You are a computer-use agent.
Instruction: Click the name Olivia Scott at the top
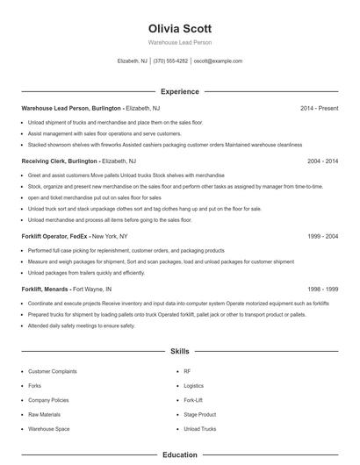180,28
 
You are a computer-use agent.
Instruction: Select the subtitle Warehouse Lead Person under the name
180,42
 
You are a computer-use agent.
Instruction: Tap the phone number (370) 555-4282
170,61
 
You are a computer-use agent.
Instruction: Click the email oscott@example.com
218,61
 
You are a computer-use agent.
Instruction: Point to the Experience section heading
180,91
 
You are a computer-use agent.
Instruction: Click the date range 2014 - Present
320,108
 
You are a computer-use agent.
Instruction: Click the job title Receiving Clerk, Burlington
59,161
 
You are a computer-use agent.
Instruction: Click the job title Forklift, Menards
46,289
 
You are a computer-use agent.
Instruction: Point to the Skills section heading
180,351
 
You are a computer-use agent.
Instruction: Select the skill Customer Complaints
52,371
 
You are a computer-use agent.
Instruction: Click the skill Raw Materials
44,414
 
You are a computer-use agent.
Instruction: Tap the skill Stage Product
199,414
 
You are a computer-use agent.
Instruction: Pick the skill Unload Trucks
199,429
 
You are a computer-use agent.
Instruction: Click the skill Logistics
193,385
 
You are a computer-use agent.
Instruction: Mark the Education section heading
180,455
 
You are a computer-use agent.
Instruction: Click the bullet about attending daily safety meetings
82,325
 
